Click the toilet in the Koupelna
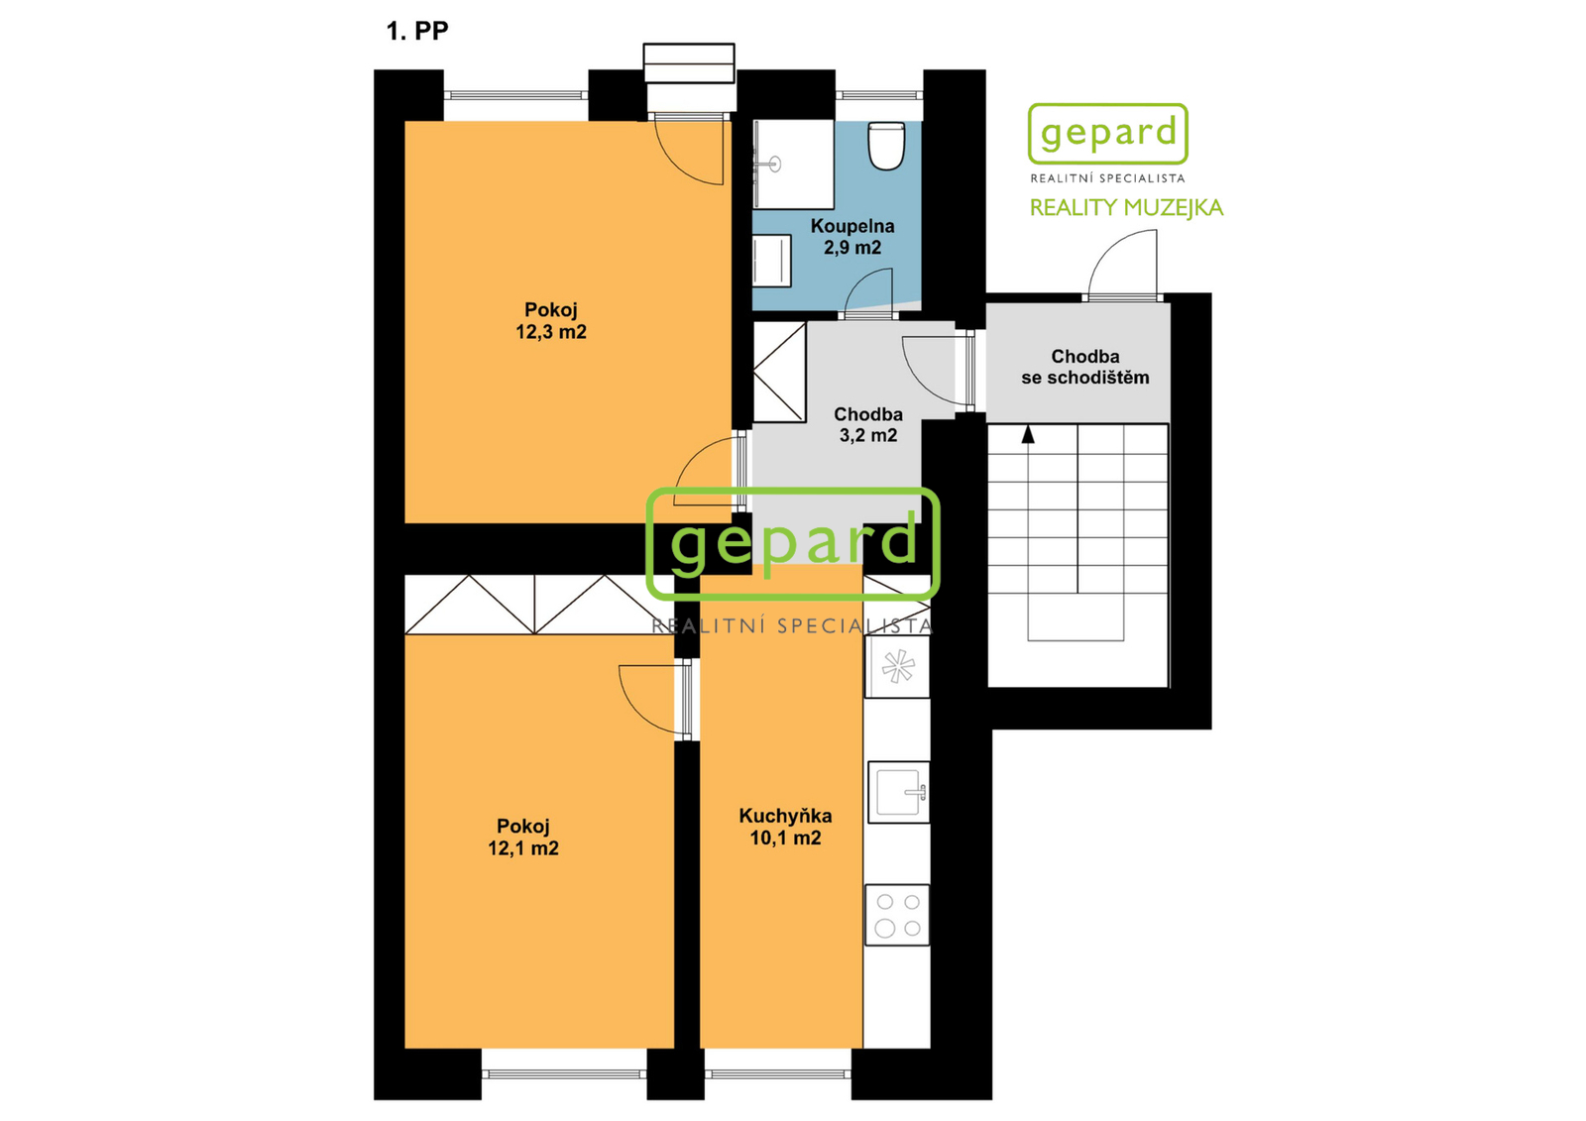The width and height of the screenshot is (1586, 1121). click(886, 145)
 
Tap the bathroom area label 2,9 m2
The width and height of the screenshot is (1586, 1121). click(851, 247)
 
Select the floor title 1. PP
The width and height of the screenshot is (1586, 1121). click(417, 31)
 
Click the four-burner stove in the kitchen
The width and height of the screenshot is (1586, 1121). click(897, 914)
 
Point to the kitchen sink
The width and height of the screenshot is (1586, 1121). click(898, 792)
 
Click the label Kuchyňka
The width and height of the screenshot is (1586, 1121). click(785, 816)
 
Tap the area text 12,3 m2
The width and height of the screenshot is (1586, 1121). click(551, 331)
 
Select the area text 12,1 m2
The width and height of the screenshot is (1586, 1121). click(523, 847)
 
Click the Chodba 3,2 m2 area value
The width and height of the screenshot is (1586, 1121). click(868, 435)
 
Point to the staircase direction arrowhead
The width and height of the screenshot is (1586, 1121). click(1028, 435)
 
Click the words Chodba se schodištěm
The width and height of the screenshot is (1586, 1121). click(1084, 367)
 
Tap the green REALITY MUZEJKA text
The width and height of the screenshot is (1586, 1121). click(1126, 207)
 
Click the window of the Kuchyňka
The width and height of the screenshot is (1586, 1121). click(777, 1073)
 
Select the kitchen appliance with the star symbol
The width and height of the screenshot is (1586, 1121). click(897, 666)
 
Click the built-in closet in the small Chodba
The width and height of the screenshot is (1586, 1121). click(779, 373)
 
